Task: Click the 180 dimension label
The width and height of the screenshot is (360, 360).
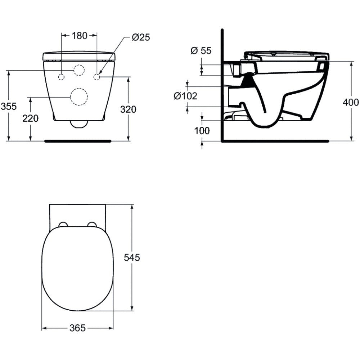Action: pos(80,36)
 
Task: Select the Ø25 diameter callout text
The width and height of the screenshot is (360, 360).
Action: pos(141,37)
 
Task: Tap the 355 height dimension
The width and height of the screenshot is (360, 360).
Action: pos(9,106)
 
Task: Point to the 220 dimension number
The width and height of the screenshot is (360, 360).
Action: pos(30,118)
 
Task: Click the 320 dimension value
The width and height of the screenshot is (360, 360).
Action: pos(128,109)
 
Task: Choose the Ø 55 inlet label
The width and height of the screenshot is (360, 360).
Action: pos(201,50)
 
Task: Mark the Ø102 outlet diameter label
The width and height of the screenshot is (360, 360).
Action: pos(185,96)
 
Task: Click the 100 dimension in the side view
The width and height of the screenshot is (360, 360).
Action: pos(202,131)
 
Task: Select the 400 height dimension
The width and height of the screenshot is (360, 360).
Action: pos(351,102)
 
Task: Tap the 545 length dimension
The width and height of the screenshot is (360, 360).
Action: pos(132,258)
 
